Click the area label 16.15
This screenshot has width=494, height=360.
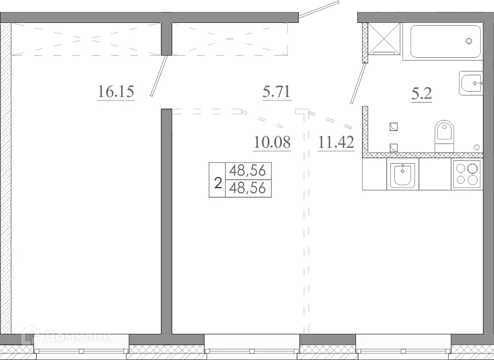click(116, 92)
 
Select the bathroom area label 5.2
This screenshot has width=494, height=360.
click(421, 94)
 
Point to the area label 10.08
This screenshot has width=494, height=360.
click(272, 143)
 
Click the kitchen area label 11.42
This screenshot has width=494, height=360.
click(336, 143)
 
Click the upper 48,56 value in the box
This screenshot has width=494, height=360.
click(248, 171)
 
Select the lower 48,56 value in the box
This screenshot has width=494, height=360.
click(248, 188)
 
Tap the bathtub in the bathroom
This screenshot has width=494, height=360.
click(445, 41)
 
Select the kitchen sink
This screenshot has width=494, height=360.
click(402, 175)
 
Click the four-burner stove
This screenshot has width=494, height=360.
click(467, 175)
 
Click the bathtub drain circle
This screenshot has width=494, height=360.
click(469, 41)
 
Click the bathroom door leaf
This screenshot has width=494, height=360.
click(357, 84)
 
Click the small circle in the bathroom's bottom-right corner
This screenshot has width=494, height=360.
click(477, 147)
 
